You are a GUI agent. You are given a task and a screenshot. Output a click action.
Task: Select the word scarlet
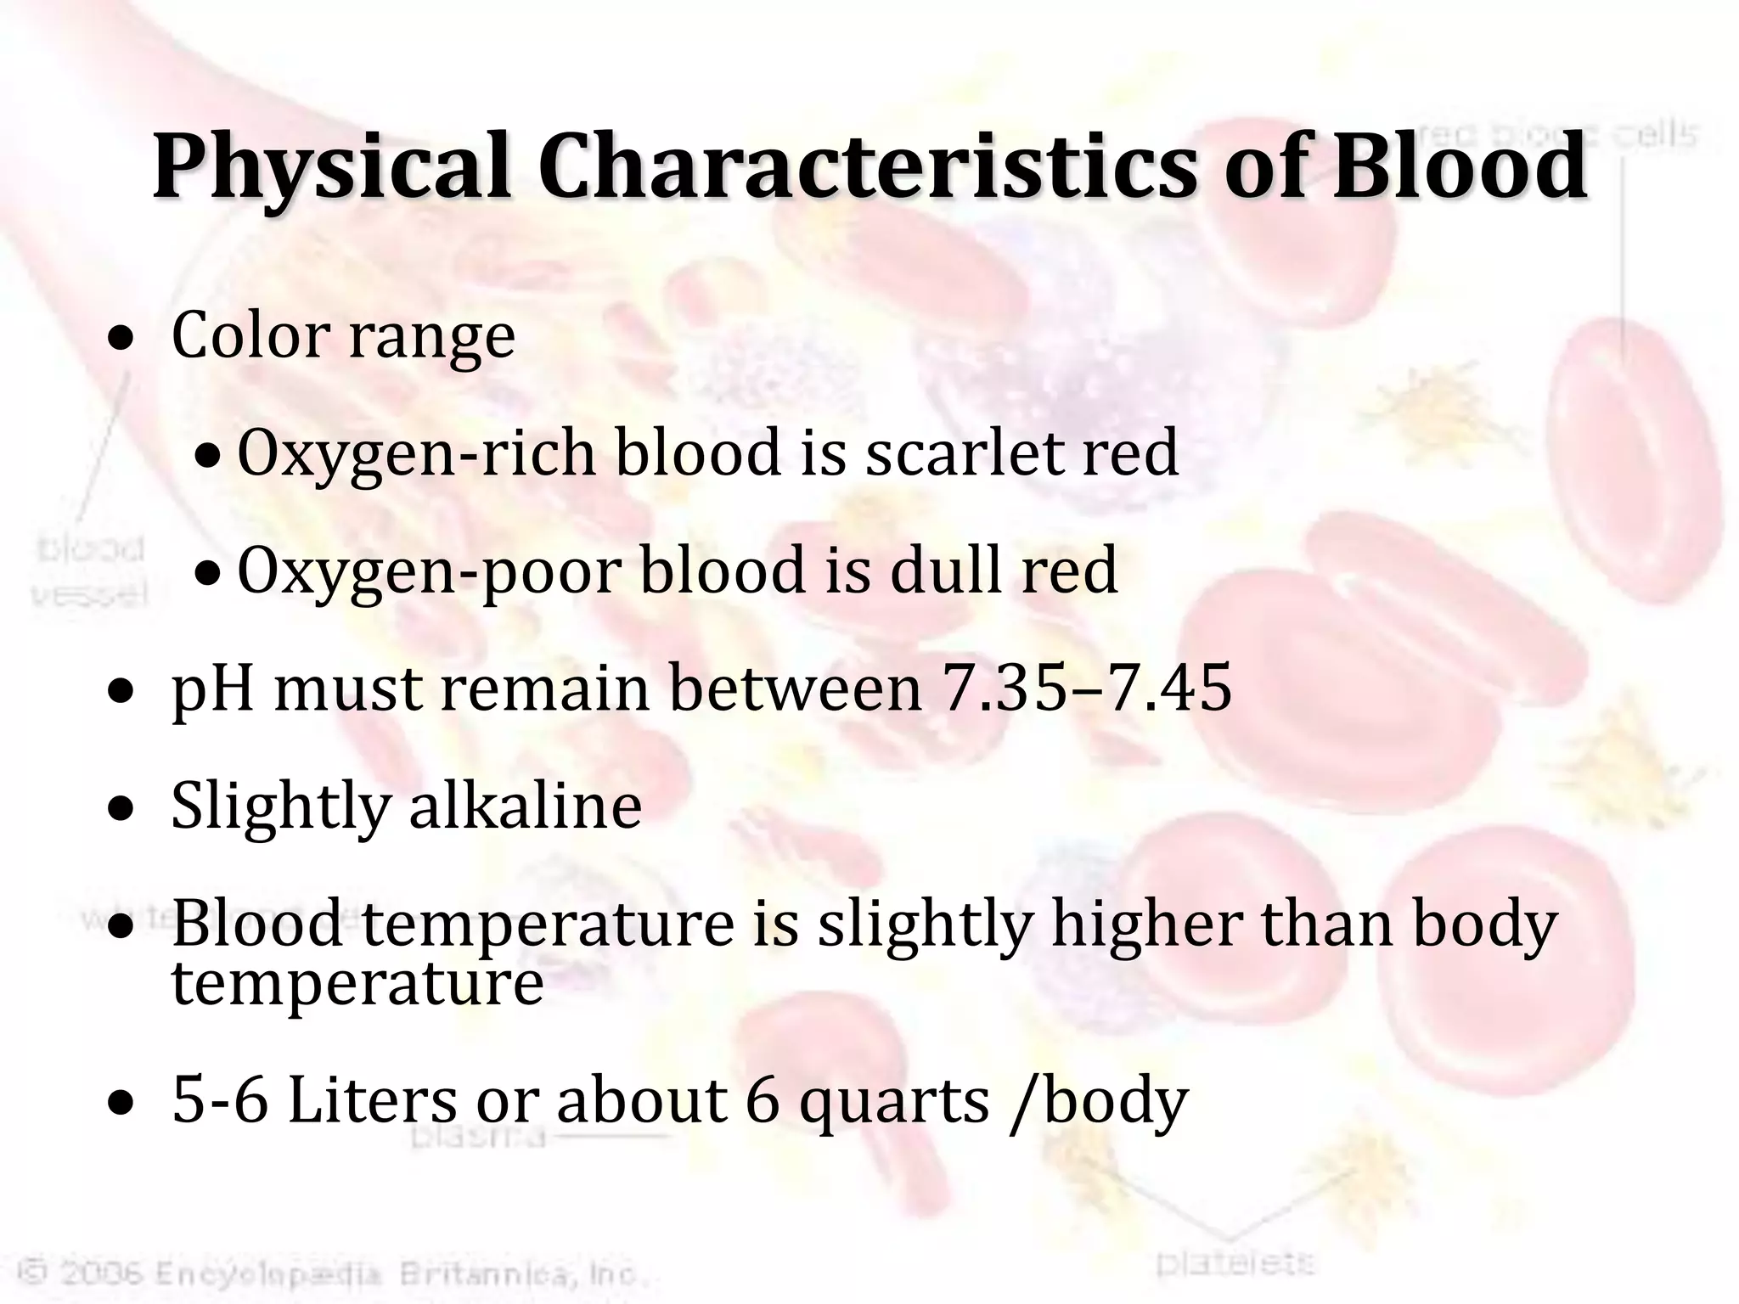[965, 452]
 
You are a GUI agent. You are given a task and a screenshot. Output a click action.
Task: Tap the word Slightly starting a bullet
[280, 807]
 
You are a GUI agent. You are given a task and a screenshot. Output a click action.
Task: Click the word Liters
[372, 1100]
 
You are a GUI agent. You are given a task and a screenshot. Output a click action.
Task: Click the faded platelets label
[1235, 1264]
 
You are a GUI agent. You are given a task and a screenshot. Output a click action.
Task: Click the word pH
[212, 689]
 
